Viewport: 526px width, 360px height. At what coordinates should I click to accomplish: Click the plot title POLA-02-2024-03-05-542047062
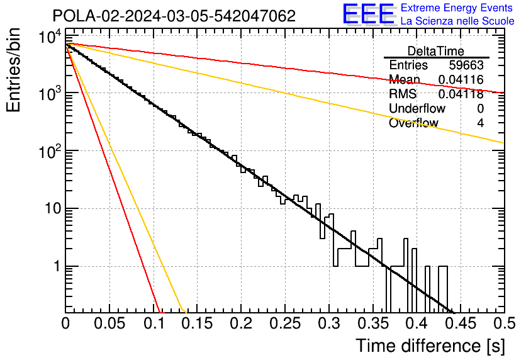click(174, 16)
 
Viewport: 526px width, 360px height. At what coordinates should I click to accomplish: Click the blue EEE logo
click(368, 14)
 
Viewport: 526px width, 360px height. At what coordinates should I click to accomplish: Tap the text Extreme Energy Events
click(457, 8)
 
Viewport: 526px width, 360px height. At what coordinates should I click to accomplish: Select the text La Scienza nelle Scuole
click(457, 21)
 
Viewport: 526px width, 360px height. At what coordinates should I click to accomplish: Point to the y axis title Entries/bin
click(14, 70)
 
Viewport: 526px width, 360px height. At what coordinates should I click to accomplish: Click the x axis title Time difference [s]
click(430, 346)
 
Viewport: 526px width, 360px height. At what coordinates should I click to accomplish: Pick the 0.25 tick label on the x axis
click(285, 323)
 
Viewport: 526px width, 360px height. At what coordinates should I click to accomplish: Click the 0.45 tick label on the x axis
click(461, 323)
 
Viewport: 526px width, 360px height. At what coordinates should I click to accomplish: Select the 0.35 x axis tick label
click(373, 323)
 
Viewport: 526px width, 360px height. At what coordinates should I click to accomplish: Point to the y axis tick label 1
click(57, 267)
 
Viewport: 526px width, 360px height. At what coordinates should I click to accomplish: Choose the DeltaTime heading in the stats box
click(435, 51)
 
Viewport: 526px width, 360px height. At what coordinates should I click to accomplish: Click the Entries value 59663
click(466, 65)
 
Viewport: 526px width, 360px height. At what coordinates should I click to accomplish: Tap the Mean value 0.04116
click(461, 79)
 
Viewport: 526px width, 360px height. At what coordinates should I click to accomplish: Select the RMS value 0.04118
click(461, 94)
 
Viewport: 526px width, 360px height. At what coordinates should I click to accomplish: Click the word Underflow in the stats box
click(417, 108)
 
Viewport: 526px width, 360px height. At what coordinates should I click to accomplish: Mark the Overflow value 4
click(480, 123)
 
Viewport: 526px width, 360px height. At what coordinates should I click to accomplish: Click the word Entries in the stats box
click(408, 65)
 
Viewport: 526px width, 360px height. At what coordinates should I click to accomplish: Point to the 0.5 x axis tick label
click(505, 323)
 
